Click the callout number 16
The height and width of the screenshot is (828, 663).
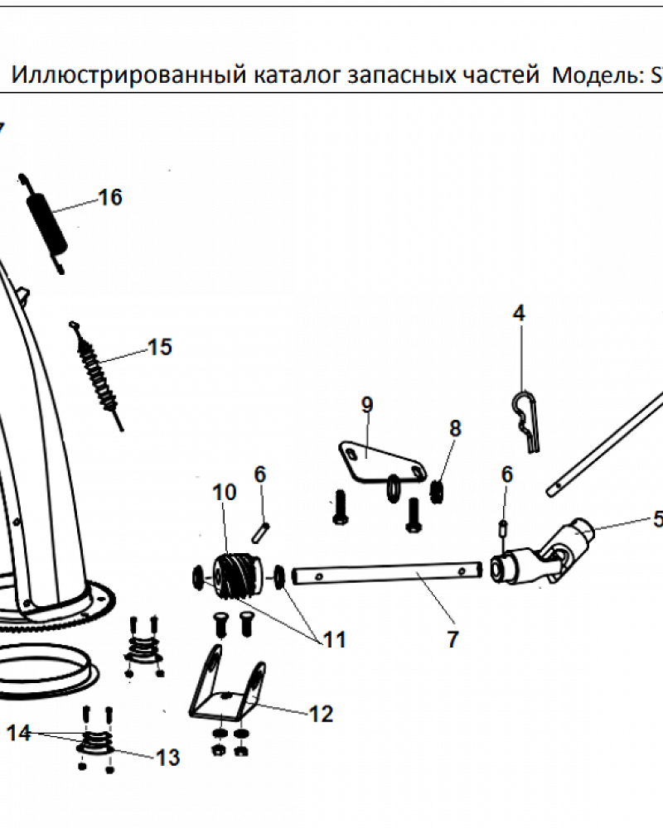click(x=110, y=198)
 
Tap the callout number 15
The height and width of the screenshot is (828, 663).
click(x=160, y=347)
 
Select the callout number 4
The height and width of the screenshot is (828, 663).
click(x=519, y=313)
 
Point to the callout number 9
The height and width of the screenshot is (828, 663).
click(x=366, y=405)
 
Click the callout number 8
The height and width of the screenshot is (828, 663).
click(x=455, y=428)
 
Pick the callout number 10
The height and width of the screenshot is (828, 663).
click(x=225, y=492)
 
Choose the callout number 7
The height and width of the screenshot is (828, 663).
click(x=452, y=639)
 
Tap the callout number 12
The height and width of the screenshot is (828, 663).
click(x=321, y=714)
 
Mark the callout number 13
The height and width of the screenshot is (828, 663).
click(x=168, y=757)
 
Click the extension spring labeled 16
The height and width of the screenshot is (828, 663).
click(x=46, y=222)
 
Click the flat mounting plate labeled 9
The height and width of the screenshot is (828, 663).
click(x=377, y=460)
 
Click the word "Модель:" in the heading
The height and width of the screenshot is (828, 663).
click(x=595, y=77)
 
